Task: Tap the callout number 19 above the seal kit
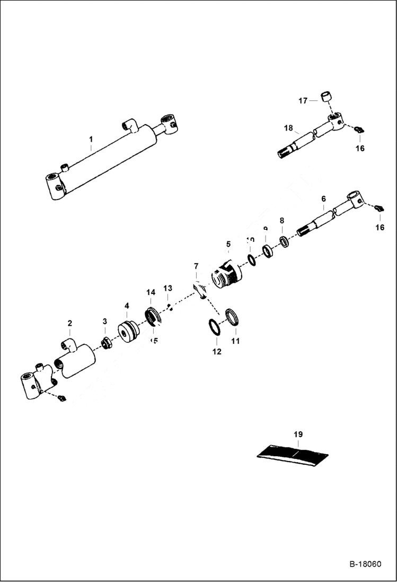[x=298, y=435]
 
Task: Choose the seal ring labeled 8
[x=284, y=242]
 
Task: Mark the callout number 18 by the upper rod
[x=288, y=128]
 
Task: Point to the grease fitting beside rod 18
[x=359, y=130]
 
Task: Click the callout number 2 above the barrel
[x=69, y=323]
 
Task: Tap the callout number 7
[x=196, y=265]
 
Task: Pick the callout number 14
[x=151, y=292]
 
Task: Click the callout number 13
[x=167, y=288]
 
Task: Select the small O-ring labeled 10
[x=252, y=260]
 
